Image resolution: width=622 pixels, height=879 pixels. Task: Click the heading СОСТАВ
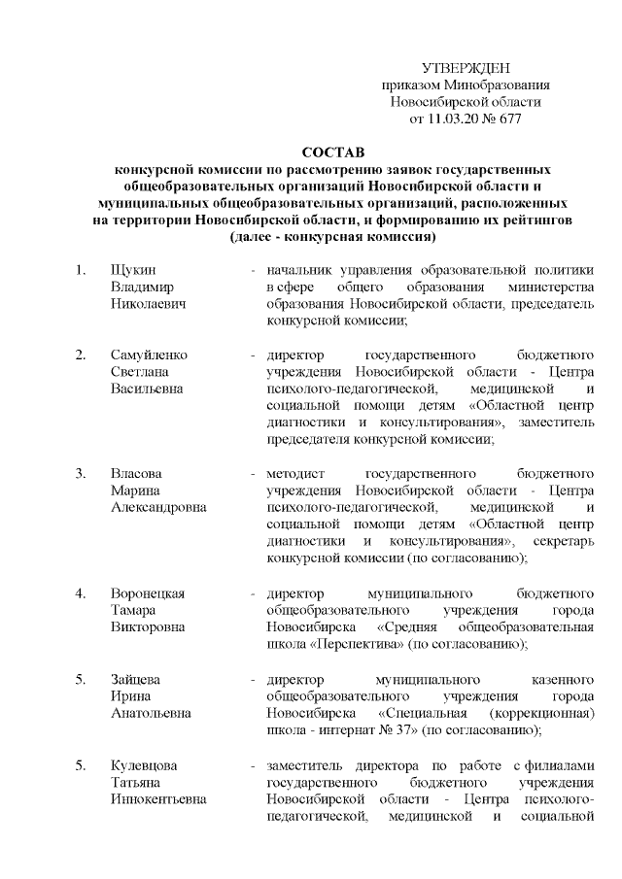pos(330,152)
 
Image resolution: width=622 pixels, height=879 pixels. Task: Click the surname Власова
pos(136,474)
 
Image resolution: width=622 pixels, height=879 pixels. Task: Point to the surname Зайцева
pos(136,679)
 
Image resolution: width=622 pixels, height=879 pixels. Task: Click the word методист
pos(294,474)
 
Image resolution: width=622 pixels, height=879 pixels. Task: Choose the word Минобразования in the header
pos(501,85)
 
